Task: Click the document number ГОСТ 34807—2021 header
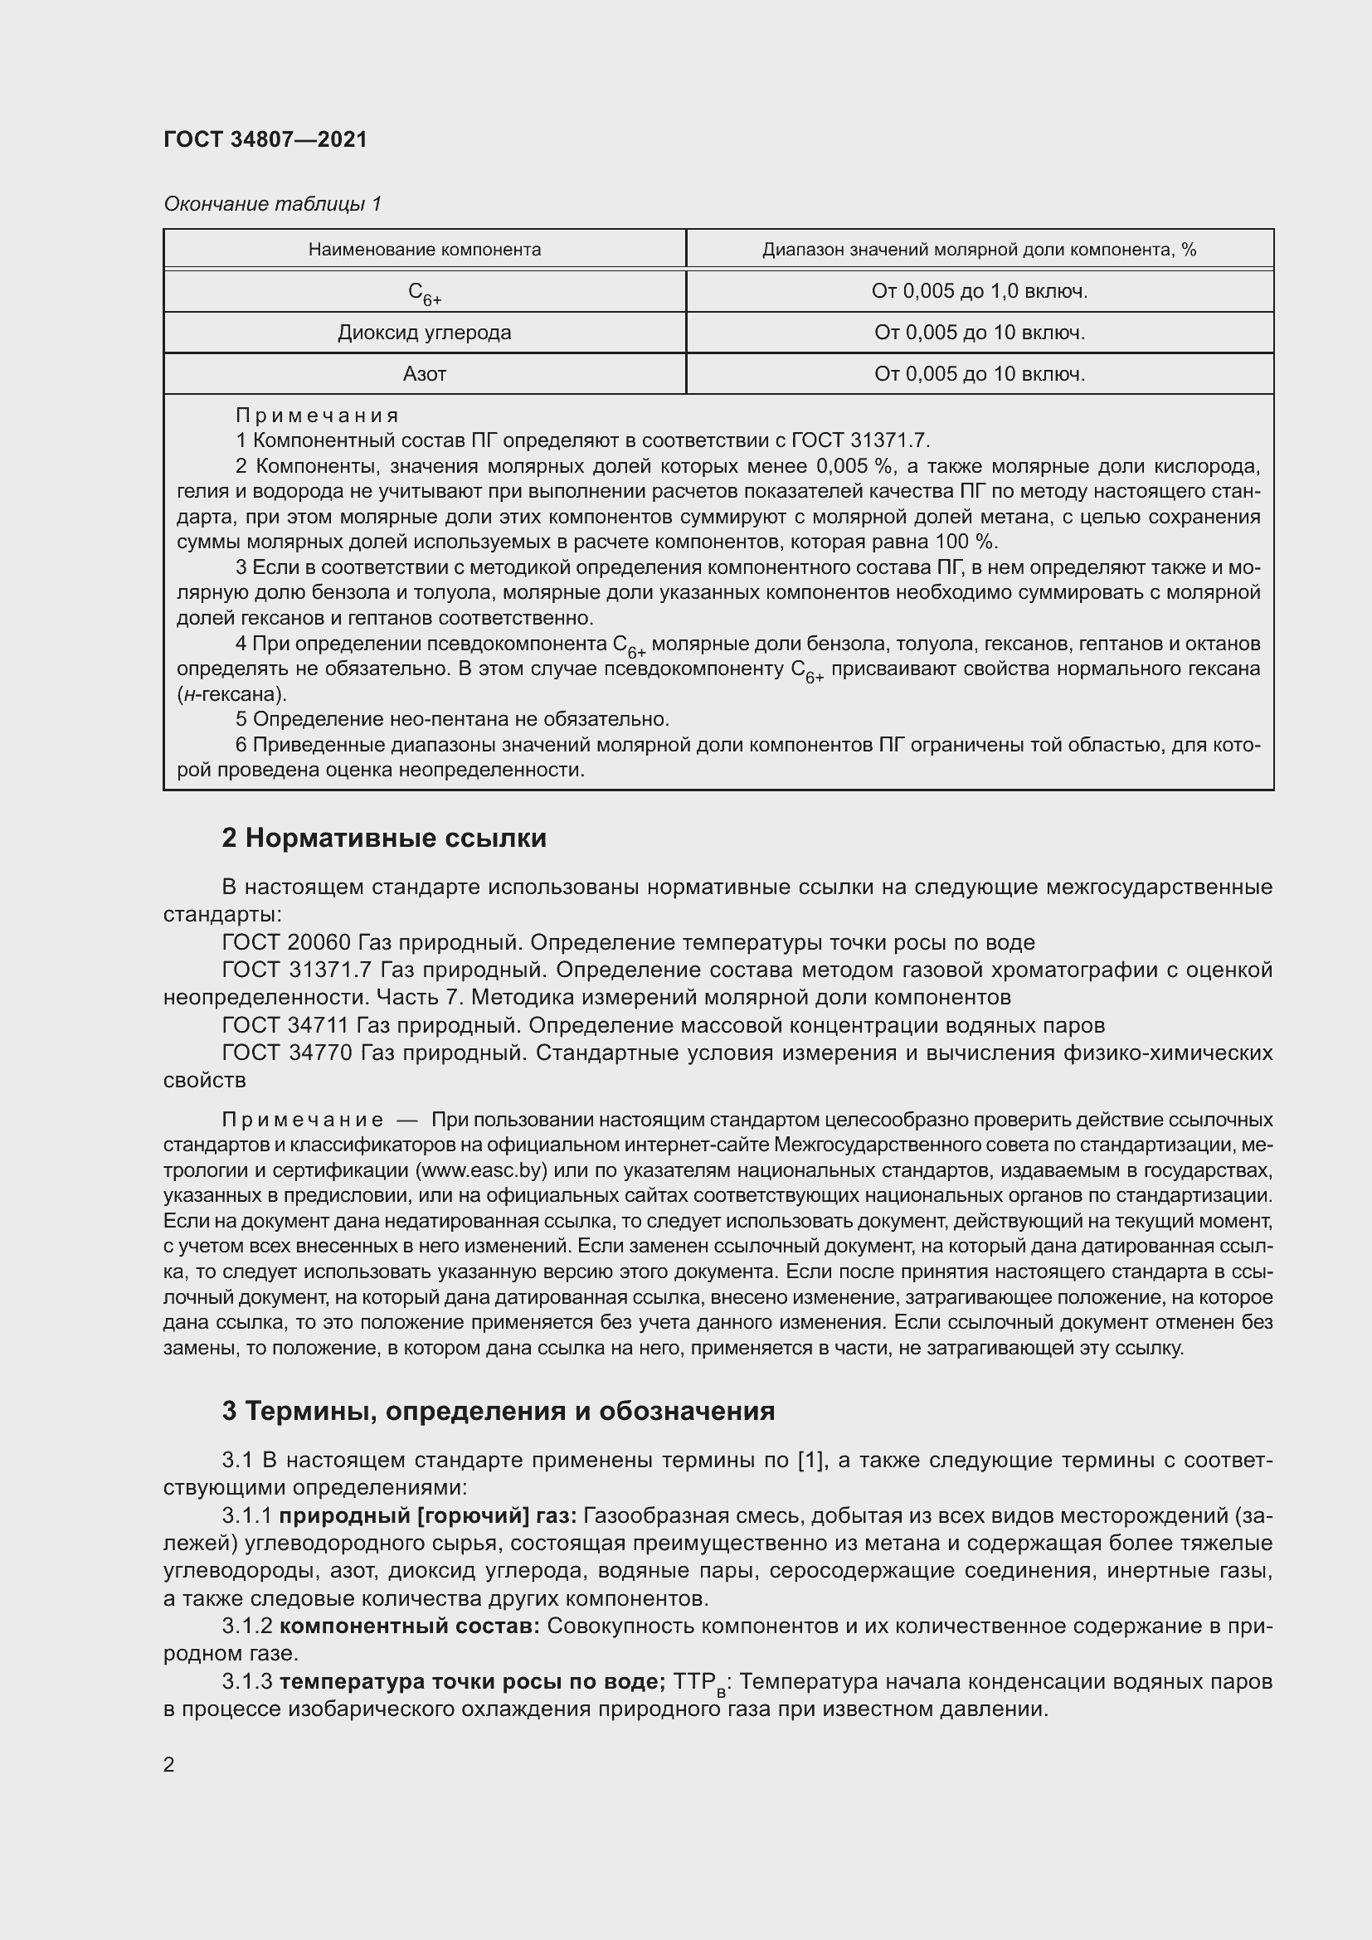click(265, 139)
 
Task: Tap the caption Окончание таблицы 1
click(272, 204)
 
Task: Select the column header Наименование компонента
click(424, 250)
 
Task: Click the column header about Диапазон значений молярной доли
click(979, 250)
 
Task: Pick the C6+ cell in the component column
click(424, 292)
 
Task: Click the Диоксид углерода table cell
click(424, 333)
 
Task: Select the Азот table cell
click(424, 374)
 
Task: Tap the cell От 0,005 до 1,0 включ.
click(979, 291)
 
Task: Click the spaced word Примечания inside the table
click(317, 416)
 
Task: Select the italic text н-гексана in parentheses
click(231, 694)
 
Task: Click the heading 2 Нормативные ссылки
click(383, 839)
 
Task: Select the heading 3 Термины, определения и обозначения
click(498, 1411)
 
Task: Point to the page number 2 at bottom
click(169, 1765)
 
